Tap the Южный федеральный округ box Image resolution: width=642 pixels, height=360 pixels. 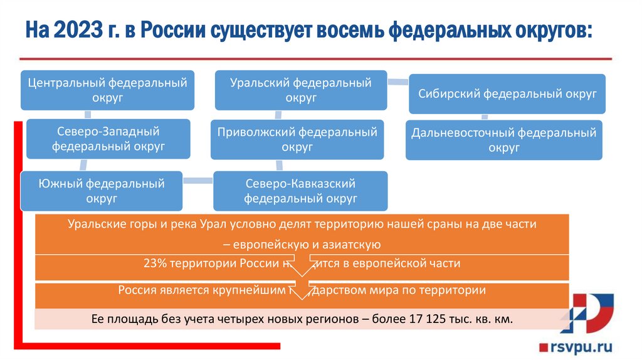[101, 191]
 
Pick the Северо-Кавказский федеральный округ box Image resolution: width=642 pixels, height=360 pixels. [300, 191]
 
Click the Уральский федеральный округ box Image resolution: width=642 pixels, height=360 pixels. [300, 90]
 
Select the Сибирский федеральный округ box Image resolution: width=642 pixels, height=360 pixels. [507, 94]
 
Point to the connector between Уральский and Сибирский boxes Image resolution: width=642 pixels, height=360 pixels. [398, 81]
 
